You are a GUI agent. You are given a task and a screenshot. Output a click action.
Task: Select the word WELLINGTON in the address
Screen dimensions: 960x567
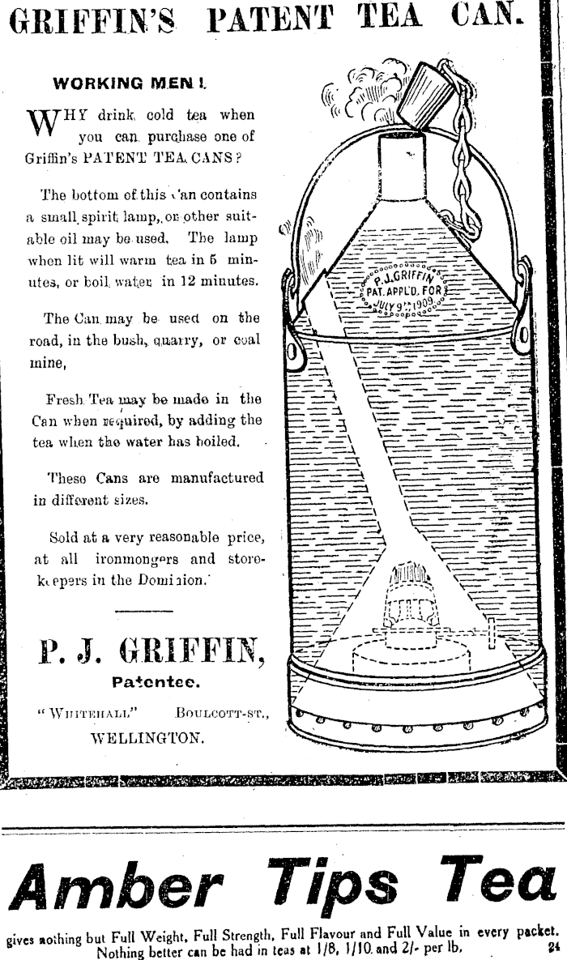tap(147, 738)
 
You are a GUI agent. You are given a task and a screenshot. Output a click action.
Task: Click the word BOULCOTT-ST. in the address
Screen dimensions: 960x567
tap(221, 713)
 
